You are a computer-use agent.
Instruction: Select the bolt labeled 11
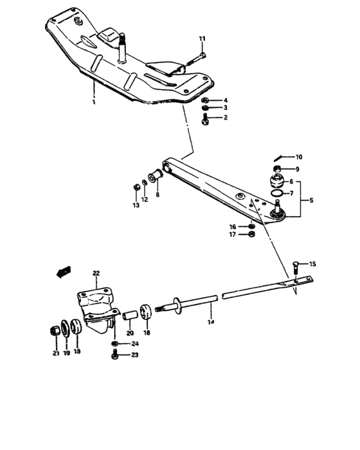[193, 62]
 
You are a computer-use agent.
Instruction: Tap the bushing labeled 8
[156, 174]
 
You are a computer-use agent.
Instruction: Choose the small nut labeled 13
[136, 187]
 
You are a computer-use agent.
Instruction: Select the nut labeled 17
[252, 235]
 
